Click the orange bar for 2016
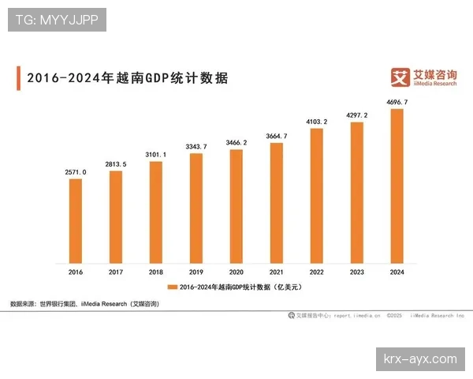pos(76,220)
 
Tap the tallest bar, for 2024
pos(397,186)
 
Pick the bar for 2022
pos(317,195)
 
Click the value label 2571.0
pos(76,171)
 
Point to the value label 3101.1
pos(156,154)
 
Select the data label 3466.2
pos(236,142)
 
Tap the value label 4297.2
pos(357,115)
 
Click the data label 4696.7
pos(397,102)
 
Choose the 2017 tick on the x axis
pos(116,272)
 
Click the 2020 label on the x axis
pos(236,272)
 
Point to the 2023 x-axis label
pos(357,272)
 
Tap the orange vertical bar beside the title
pos(18,78)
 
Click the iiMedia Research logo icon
pos(401,77)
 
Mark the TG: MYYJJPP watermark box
pos(57,20)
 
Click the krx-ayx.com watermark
pos(419,359)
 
